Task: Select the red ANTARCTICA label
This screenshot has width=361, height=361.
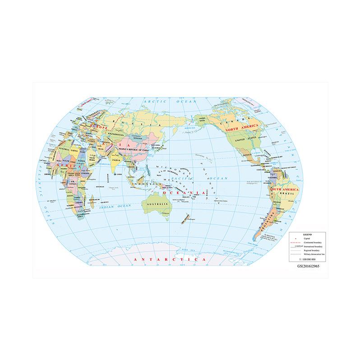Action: click(167, 260)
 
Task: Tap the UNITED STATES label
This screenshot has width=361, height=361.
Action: click(245, 139)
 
